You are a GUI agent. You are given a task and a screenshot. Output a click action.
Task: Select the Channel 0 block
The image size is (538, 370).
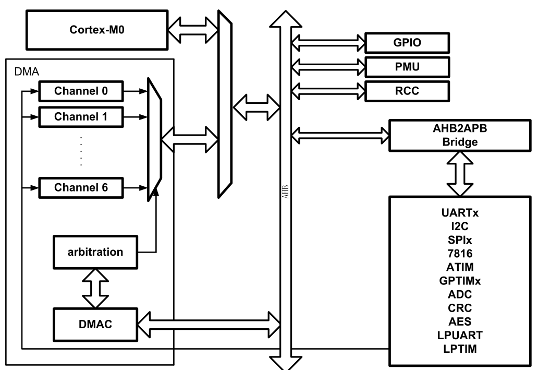[x=81, y=92]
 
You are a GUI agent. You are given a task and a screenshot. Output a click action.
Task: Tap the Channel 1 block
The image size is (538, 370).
[x=81, y=116]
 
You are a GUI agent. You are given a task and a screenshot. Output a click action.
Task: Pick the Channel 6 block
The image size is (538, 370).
[x=81, y=187]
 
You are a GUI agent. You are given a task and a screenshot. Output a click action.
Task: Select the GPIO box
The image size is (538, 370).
[x=407, y=43]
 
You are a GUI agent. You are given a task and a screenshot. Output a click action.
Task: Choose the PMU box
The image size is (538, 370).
[x=407, y=67]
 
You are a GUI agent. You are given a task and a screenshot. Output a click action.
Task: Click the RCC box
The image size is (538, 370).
[x=407, y=91]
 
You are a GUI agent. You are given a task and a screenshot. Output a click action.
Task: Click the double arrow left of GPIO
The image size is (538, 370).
[x=327, y=42]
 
